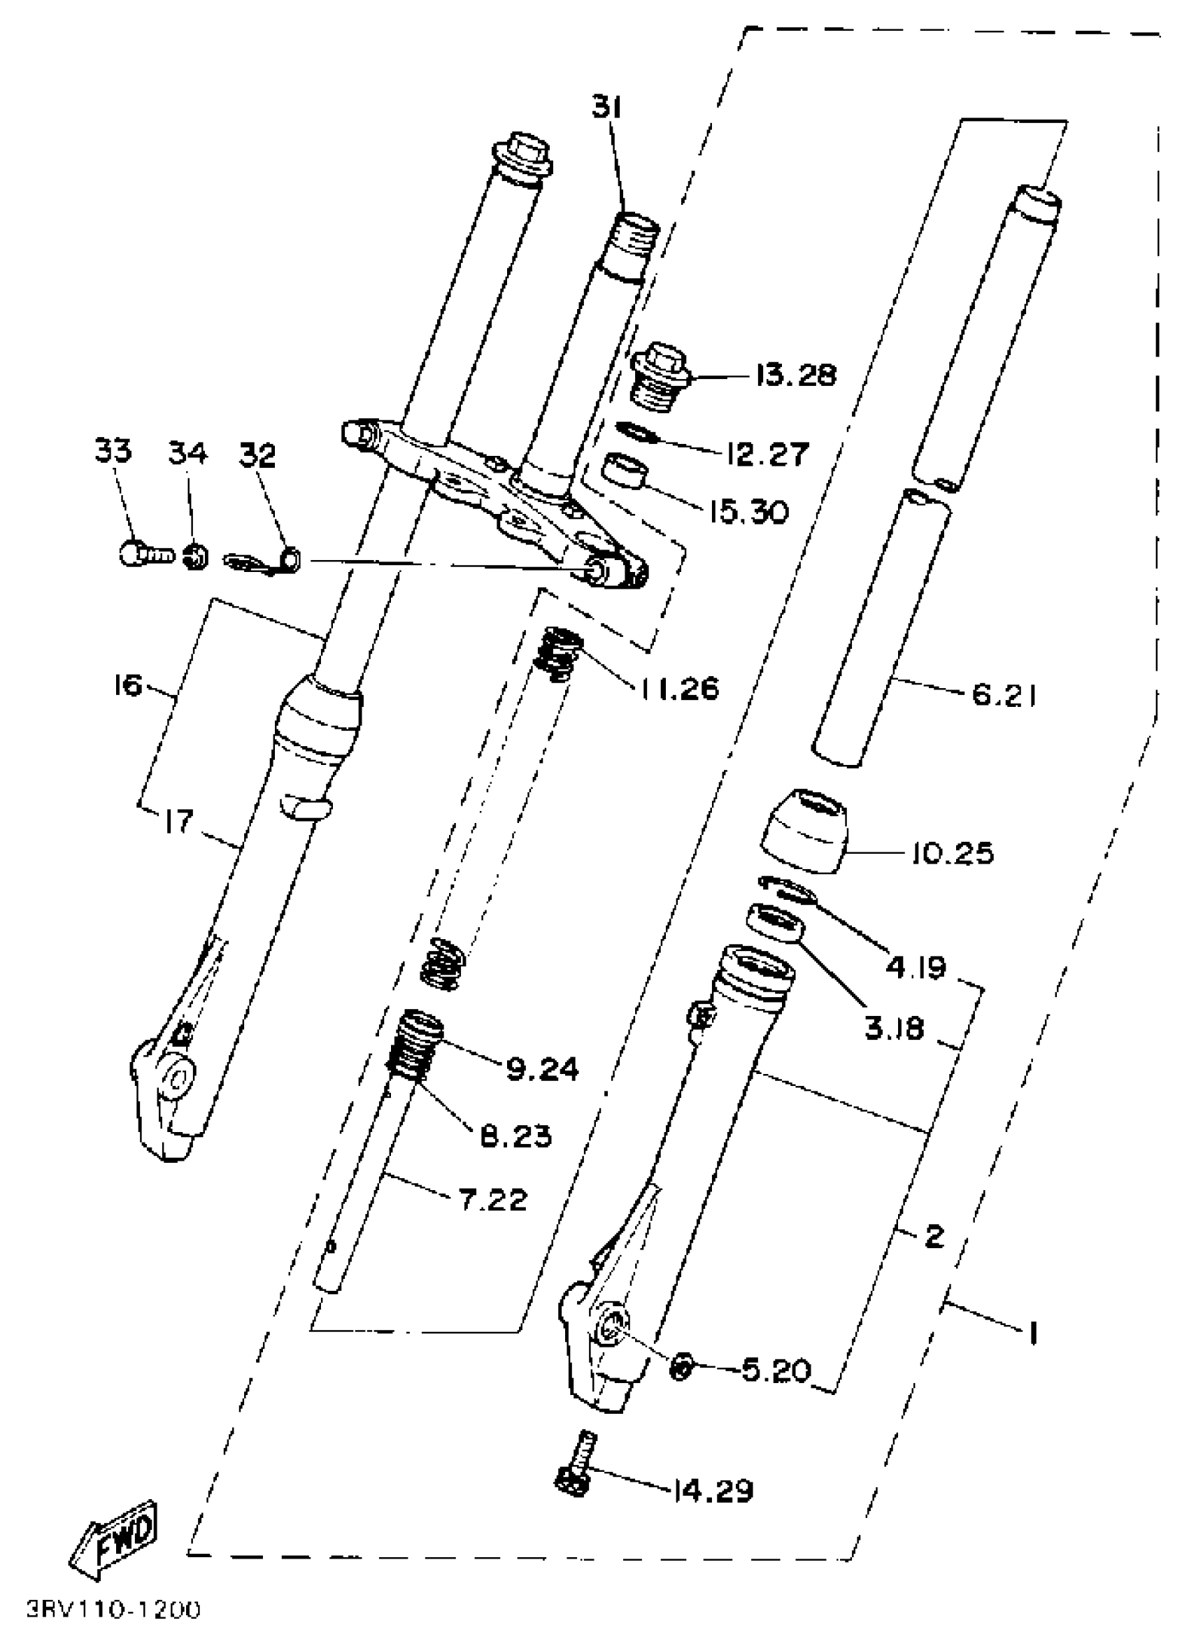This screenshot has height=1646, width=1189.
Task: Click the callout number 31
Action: pyautogui.click(x=606, y=109)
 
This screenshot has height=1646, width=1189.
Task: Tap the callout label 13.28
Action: pyautogui.click(x=795, y=376)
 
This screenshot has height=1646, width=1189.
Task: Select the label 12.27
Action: pyautogui.click(x=767, y=454)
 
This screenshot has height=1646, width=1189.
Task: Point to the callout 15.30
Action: pyautogui.click(x=748, y=513)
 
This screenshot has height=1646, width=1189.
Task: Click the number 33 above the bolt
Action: pyautogui.click(x=113, y=451)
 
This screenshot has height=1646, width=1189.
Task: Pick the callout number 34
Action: pyautogui.click(x=187, y=453)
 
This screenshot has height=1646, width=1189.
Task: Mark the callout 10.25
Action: pyautogui.click(x=953, y=853)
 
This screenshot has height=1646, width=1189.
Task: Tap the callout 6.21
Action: pyautogui.click(x=1004, y=696)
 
